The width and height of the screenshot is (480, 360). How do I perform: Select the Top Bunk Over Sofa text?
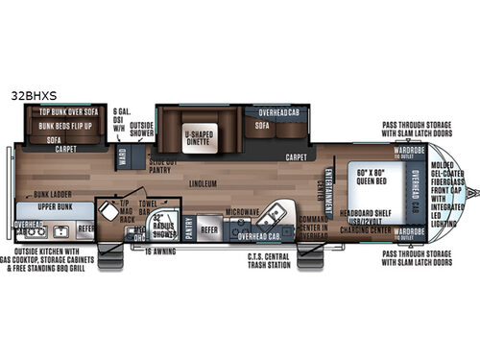coord(66,112)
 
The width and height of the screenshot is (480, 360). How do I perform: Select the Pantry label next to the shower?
coord(188,230)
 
